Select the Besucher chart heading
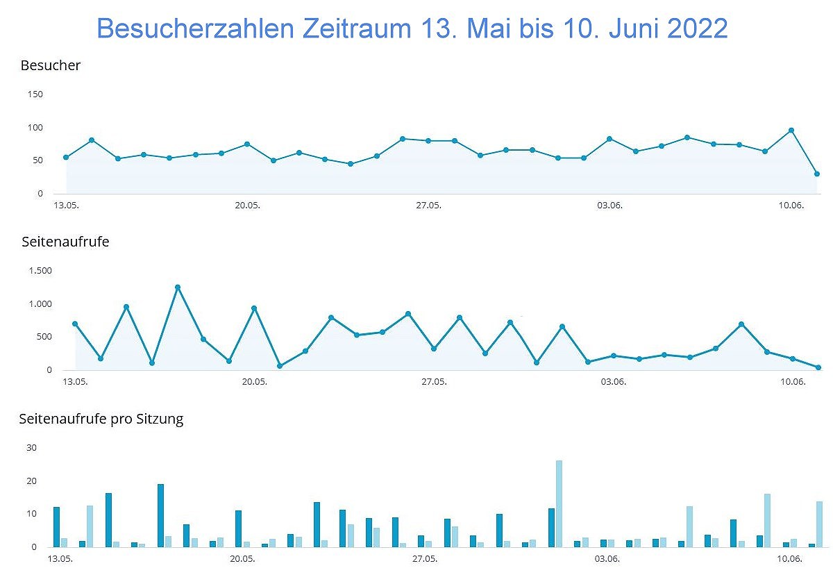(51, 66)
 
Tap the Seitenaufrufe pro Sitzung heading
(101, 419)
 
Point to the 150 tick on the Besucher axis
(35, 94)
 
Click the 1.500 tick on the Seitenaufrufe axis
(40, 271)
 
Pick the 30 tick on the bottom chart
(31, 448)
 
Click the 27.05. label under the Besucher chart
(428, 205)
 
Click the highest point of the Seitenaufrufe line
(178, 287)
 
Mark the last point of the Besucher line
(817, 174)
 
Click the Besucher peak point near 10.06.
(791, 131)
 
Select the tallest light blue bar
(559, 503)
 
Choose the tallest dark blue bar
(160, 515)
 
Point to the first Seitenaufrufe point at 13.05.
(75, 324)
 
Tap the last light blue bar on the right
(819, 524)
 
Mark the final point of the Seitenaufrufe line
(818, 367)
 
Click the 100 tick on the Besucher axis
(35, 128)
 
